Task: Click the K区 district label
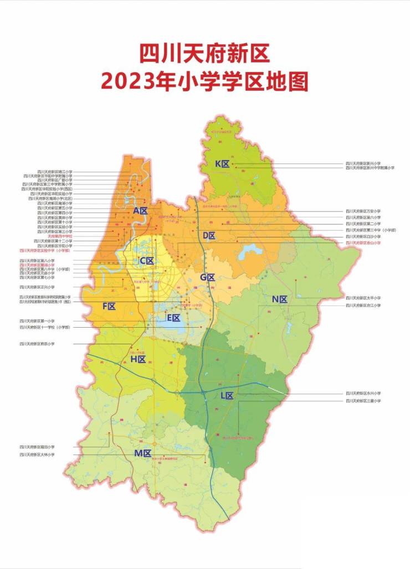[223, 163]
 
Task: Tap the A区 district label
[140, 211]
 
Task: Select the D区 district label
[209, 236]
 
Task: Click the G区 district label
[207, 277]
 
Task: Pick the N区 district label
[279, 299]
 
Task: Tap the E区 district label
[173, 318]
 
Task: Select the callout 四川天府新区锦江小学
[55, 172]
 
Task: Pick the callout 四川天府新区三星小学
[363, 400]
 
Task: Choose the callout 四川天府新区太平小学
[363, 298]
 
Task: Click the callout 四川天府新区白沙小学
[363, 236]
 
